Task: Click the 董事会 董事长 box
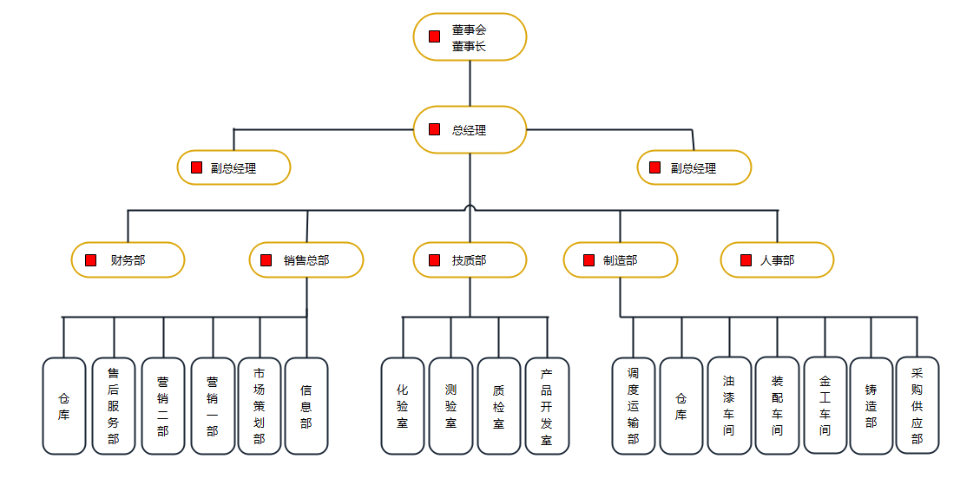click(470, 37)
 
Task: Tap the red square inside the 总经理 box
click(434, 130)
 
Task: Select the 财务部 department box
click(128, 259)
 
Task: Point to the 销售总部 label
click(306, 260)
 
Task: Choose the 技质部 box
click(470, 259)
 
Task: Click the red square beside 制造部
click(588, 259)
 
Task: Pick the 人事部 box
click(777, 259)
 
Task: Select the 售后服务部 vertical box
click(113, 406)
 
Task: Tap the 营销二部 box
click(163, 406)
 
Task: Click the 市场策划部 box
click(260, 406)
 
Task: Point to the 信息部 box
click(306, 406)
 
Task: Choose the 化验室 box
click(403, 406)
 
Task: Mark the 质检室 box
click(498, 406)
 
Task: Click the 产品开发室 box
click(547, 406)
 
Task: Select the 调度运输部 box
click(633, 406)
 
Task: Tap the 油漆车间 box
click(729, 406)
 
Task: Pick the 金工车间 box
click(825, 405)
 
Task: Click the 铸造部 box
click(871, 406)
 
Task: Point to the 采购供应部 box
click(917, 405)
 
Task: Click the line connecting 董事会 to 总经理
click(470, 83)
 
